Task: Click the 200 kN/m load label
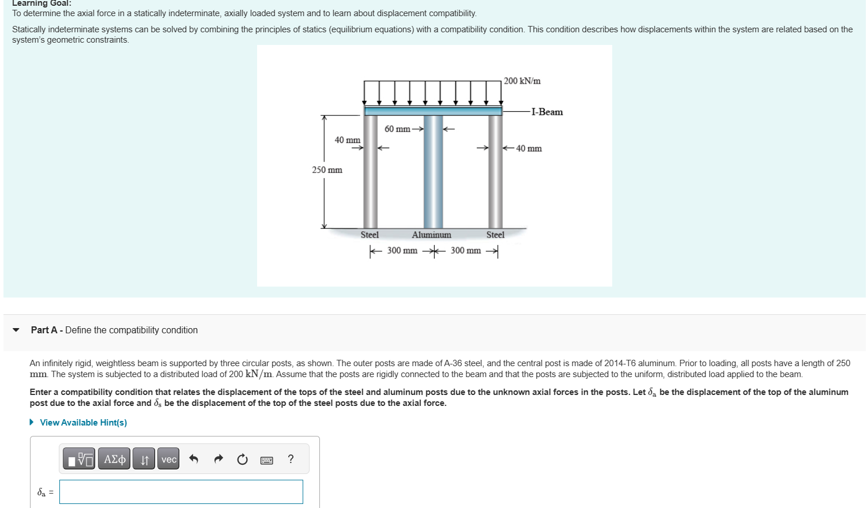pyautogui.click(x=522, y=81)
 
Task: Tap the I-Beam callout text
pyautogui.click(x=546, y=112)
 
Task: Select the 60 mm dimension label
pyautogui.click(x=397, y=129)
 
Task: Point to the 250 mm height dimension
pyautogui.click(x=327, y=170)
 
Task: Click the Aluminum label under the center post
pyautogui.click(x=431, y=235)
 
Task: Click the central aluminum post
pyautogui.click(x=433, y=173)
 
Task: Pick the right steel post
pyautogui.click(x=495, y=173)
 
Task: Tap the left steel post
pyautogui.click(x=370, y=173)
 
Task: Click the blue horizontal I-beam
pyautogui.click(x=433, y=111)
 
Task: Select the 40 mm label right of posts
pyautogui.click(x=529, y=149)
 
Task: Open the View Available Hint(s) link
pyautogui.click(x=83, y=423)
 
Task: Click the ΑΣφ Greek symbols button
pyautogui.click(x=114, y=459)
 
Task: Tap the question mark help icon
pyautogui.click(x=291, y=459)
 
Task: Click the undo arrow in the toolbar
pyautogui.click(x=194, y=459)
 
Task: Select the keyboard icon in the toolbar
pyautogui.click(x=266, y=460)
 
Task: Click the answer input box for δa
pyautogui.click(x=181, y=492)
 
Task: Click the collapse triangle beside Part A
pyautogui.click(x=16, y=330)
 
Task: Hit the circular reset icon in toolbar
pyautogui.click(x=242, y=459)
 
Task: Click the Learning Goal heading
pyautogui.click(x=42, y=3)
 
